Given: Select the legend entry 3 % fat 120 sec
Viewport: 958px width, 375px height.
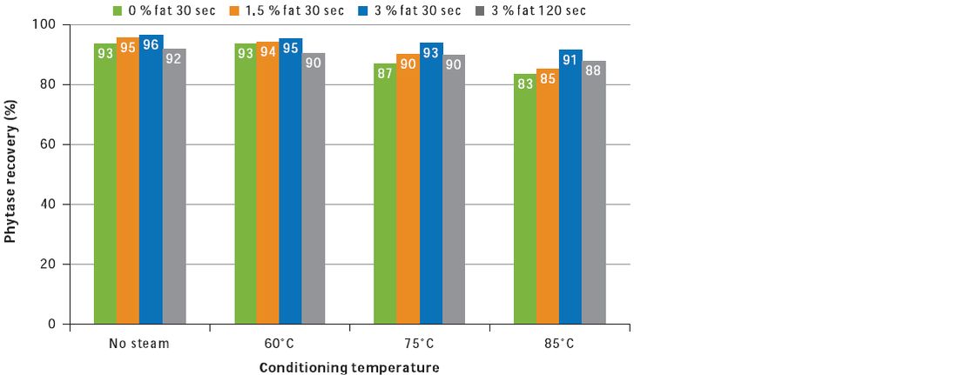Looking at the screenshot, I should [530, 11].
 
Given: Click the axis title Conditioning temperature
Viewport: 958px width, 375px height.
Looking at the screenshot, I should [348, 367].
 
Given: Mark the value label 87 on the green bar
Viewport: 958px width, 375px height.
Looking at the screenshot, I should [384, 74].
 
